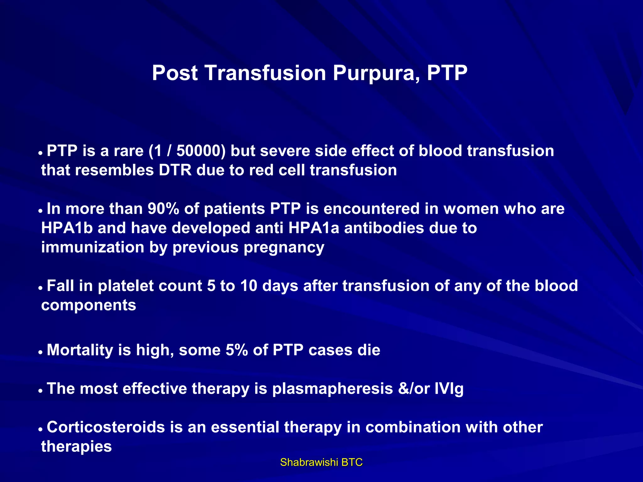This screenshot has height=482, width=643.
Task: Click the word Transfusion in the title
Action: click(x=265, y=73)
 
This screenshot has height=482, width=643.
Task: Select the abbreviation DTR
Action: click(x=175, y=170)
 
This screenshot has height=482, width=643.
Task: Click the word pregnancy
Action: click(x=284, y=248)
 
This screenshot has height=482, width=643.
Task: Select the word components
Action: click(x=89, y=305)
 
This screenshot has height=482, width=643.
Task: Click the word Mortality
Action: click(x=80, y=350)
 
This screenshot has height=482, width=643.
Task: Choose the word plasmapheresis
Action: click(x=332, y=389)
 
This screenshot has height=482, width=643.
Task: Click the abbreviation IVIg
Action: click(x=449, y=389)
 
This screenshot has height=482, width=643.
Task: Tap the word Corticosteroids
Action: click(x=106, y=427)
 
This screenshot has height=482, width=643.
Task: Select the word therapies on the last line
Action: click(x=76, y=447)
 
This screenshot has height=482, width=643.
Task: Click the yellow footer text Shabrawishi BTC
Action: click(x=321, y=462)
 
